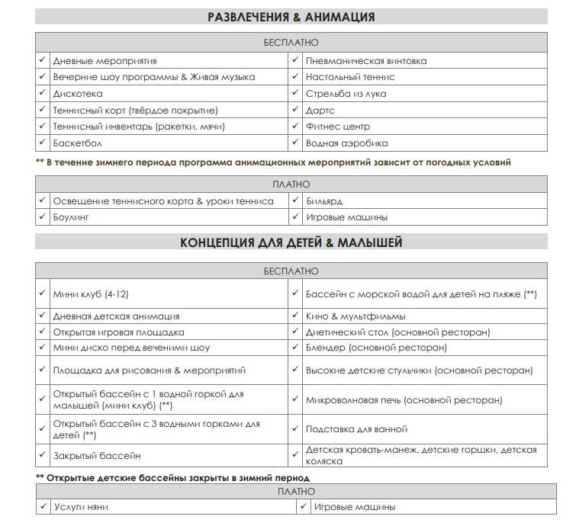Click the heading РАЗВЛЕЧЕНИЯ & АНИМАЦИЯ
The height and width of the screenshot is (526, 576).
[x=291, y=17]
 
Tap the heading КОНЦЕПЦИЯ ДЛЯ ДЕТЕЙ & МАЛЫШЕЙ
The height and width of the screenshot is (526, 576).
[x=291, y=243]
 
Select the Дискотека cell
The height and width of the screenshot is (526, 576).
[x=77, y=94]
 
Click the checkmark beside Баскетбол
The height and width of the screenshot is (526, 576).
[x=42, y=143]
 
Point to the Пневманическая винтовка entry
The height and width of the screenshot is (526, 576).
[x=365, y=61]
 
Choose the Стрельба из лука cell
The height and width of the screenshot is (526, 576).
[x=346, y=94]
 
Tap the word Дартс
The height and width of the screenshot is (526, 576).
[x=320, y=111]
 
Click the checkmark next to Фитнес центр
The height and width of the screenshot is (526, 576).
[x=294, y=126]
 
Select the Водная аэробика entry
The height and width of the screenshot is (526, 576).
[x=346, y=143]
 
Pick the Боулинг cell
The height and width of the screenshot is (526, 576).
[x=71, y=217]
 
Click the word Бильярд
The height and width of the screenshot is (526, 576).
[x=323, y=201]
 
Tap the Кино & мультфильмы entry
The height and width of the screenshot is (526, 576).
[x=355, y=316]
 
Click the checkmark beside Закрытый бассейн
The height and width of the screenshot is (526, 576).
[x=42, y=455]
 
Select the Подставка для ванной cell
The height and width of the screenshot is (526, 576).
[x=356, y=429]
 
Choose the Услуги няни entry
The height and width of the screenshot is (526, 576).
[x=81, y=507]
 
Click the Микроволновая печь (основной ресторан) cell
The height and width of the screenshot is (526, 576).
[x=404, y=399]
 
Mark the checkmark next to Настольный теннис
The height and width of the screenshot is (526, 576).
[x=294, y=77]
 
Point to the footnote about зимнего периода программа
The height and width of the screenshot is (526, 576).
[x=273, y=162]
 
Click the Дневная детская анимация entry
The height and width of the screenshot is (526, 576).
[x=116, y=316]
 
